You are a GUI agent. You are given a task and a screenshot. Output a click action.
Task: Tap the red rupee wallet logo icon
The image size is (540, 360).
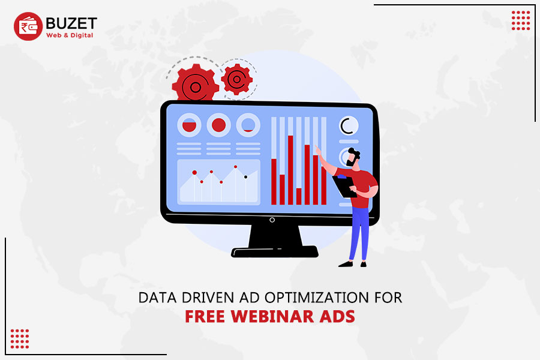[x=28, y=27]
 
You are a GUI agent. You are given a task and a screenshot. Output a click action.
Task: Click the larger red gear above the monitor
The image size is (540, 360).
[x=195, y=86]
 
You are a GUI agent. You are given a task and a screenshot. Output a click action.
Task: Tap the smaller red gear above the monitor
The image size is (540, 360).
[x=236, y=79]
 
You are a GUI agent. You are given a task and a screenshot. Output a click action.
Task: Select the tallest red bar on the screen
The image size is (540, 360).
[x=290, y=169]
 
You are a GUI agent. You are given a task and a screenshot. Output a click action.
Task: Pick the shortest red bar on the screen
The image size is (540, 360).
[x=299, y=196]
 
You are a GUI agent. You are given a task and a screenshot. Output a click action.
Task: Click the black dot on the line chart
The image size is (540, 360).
[x=245, y=177]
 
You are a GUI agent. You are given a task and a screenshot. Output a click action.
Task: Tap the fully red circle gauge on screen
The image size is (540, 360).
[x=219, y=125]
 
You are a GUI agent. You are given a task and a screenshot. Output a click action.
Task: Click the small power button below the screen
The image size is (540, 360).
[x=272, y=220]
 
